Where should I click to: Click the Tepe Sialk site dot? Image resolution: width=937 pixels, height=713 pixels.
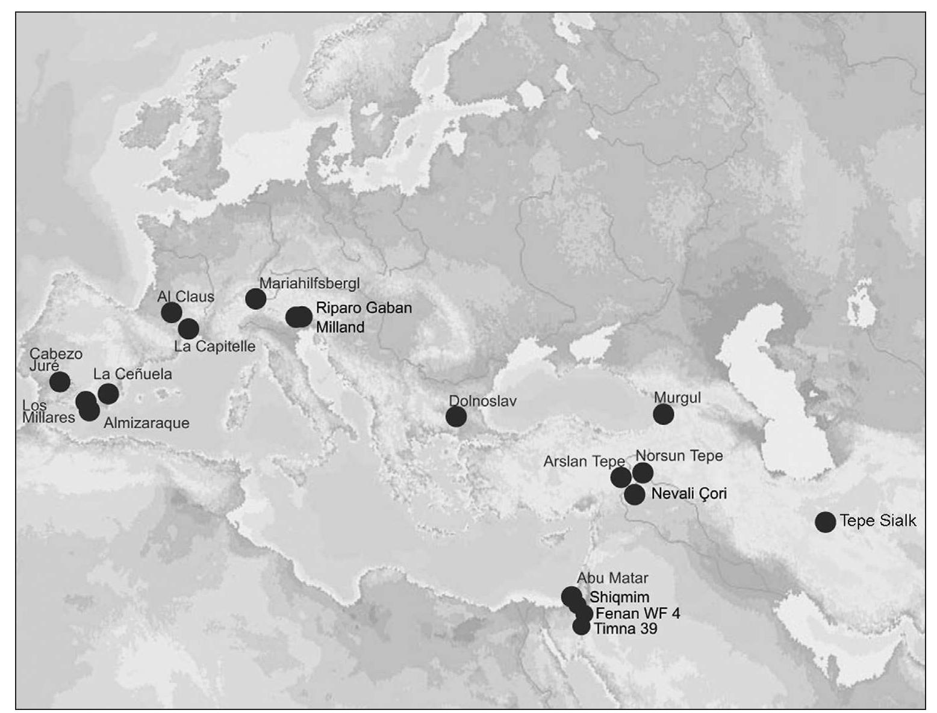[825, 522]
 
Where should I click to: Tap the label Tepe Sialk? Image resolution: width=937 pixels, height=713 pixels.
[877, 520]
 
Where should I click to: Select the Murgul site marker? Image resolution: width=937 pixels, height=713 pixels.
[663, 414]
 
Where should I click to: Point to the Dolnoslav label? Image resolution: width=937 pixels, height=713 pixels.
[482, 401]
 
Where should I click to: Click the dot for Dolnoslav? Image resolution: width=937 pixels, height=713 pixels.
[456, 416]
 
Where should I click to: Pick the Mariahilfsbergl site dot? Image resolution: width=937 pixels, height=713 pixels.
[256, 298]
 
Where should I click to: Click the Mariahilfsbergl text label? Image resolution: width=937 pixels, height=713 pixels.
[310, 283]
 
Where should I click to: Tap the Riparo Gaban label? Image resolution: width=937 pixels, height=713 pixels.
[364, 307]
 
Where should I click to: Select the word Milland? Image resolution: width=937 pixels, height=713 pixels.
[340, 327]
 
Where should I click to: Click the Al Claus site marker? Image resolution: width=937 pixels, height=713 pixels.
[172, 312]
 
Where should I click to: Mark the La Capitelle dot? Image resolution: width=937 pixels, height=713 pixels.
[188, 329]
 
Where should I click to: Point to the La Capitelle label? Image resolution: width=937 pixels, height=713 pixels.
[214, 347]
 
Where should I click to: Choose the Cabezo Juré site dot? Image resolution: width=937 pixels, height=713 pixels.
[60, 381]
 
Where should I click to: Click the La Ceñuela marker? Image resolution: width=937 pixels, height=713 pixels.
[108, 394]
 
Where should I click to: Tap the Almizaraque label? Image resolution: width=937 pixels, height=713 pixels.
[146, 423]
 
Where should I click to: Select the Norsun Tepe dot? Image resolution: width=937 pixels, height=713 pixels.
[643, 473]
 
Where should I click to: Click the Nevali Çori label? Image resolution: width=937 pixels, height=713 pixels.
[689, 494]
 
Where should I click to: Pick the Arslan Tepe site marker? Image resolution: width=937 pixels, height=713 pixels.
[621, 477]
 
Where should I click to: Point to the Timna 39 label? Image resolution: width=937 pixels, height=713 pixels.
[625, 629]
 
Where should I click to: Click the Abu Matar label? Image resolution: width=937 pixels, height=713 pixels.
[612, 578]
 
